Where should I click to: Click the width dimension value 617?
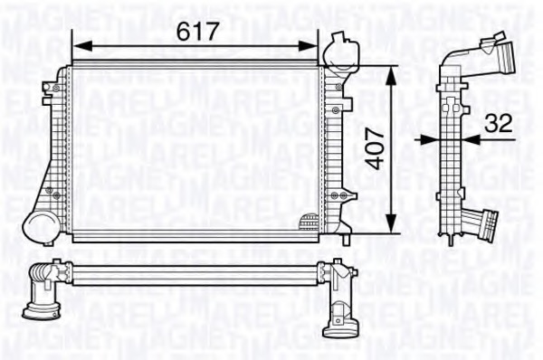197,31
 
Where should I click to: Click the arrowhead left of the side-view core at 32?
433,140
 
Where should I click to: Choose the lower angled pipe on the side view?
484,222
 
